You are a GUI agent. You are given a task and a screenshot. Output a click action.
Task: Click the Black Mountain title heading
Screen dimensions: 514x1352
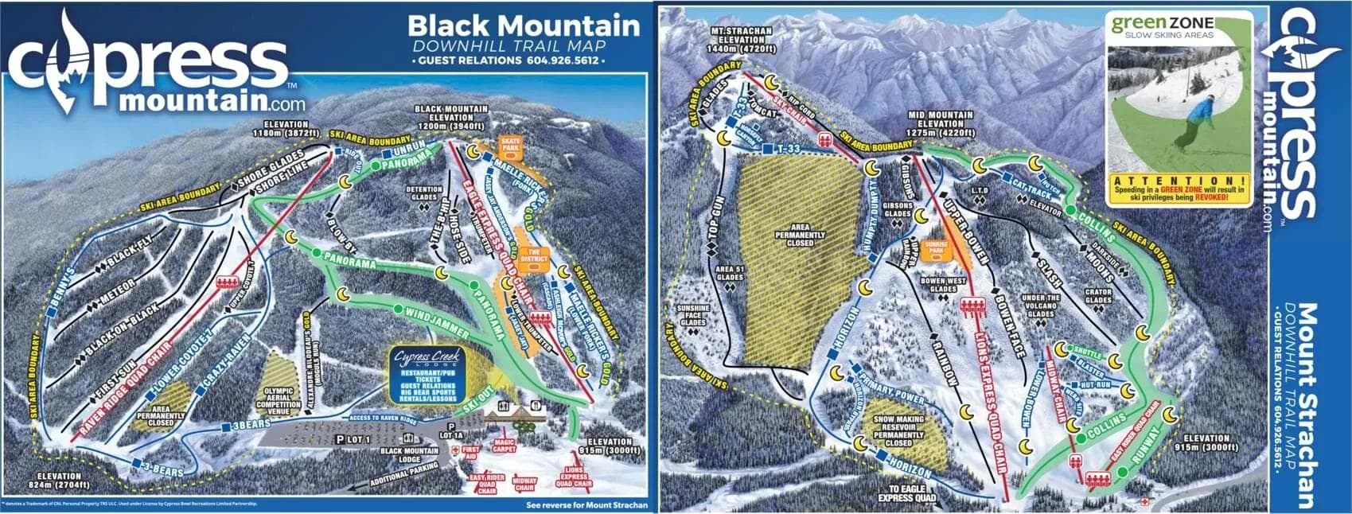pyautogui.click(x=524, y=25)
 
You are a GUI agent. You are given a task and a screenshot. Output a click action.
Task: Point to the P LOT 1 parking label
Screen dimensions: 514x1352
pyautogui.click(x=357, y=438)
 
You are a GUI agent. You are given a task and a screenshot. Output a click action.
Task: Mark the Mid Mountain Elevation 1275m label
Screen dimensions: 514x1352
pyautogui.click(x=941, y=125)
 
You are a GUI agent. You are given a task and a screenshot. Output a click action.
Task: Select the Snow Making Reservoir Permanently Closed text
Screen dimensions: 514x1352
pyautogui.click(x=899, y=430)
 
